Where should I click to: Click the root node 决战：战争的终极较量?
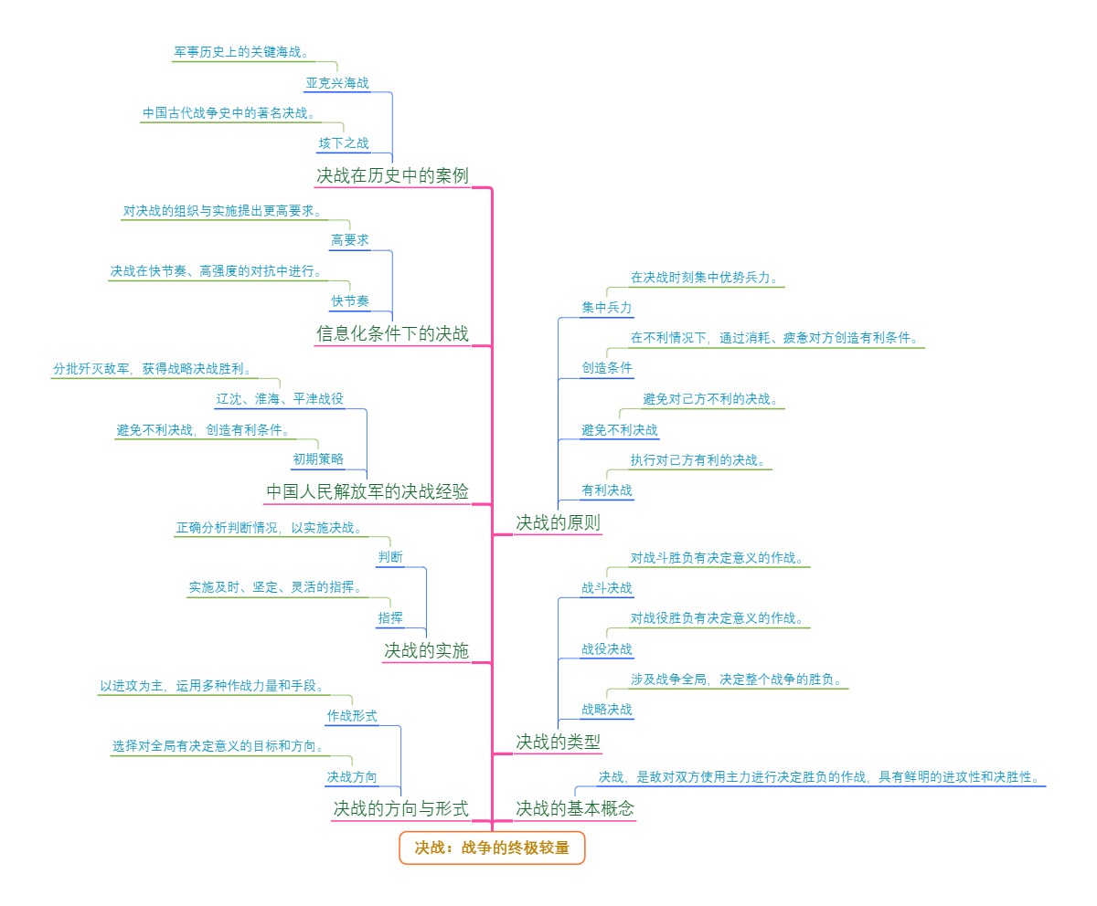point(492,848)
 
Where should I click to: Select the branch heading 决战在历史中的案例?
point(392,175)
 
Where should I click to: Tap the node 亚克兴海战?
point(337,83)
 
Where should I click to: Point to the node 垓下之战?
point(344,143)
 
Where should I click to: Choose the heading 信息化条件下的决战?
point(392,334)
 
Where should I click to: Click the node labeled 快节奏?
point(350,301)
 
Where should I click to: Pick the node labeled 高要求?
point(350,240)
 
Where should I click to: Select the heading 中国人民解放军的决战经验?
point(367,492)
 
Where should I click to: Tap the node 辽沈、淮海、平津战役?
point(280,399)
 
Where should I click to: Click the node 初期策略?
point(318,459)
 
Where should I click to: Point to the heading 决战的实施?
point(426,650)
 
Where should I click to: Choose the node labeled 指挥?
point(390,618)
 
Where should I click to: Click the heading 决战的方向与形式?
point(400,808)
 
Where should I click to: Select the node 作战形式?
point(352,716)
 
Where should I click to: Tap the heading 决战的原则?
point(558,523)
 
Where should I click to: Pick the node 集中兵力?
point(607,308)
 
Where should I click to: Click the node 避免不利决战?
point(620,430)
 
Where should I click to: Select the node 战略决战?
point(607,710)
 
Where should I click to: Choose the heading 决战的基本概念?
point(574,808)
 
